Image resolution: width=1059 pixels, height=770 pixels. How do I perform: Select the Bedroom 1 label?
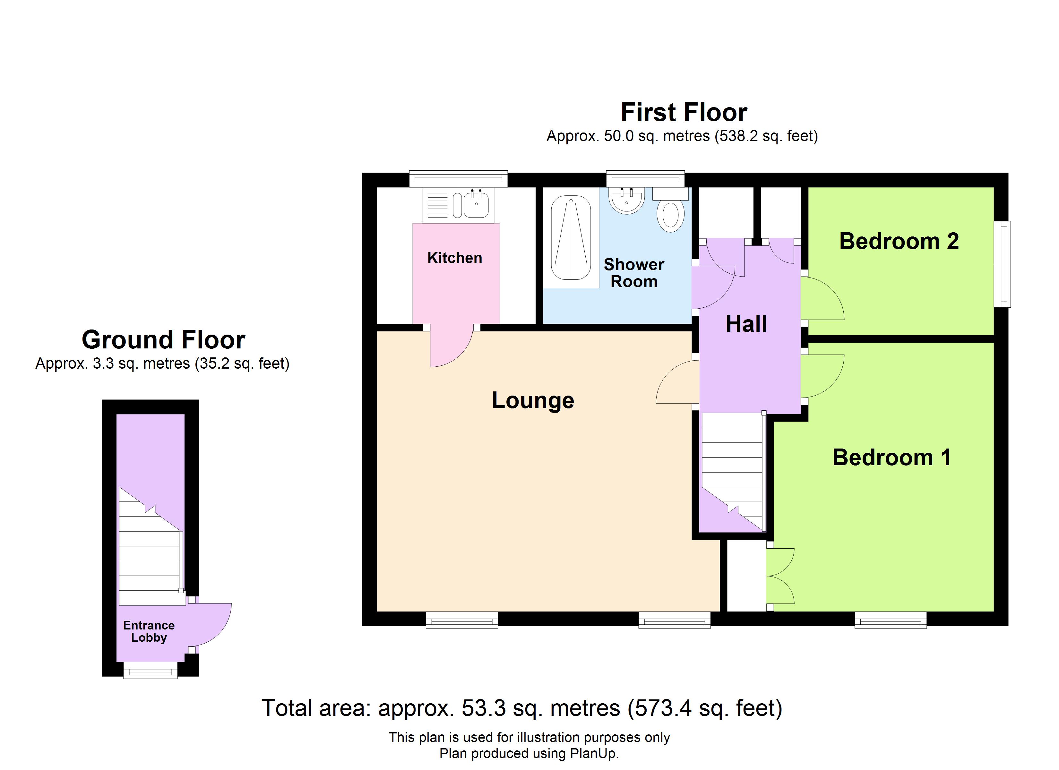[x=891, y=457]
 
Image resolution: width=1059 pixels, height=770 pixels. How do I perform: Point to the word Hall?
[x=746, y=324]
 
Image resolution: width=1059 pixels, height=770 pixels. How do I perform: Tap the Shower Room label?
[x=633, y=273]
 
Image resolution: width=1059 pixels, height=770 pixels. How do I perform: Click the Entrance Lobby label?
[x=149, y=631]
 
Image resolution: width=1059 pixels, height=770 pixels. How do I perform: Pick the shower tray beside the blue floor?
[x=571, y=238]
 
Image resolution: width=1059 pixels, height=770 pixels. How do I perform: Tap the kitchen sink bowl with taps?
[x=476, y=205]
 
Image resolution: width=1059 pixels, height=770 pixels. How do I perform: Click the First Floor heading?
[x=684, y=113]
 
